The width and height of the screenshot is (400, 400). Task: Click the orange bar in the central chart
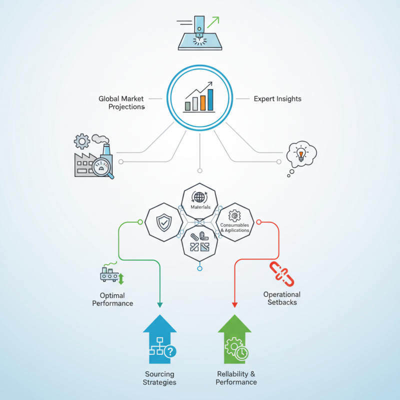tap(203, 103)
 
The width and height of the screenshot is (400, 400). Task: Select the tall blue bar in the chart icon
tap(210, 99)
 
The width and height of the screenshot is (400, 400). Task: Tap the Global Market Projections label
tap(121, 102)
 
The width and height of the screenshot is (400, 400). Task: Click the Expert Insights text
tap(277, 98)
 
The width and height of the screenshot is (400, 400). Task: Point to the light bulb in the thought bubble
tap(301, 154)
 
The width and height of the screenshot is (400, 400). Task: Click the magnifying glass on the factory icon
tap(103, 168)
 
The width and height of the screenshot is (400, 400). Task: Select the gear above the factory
tap(82, 141)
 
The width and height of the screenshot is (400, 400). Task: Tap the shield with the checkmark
tap(164, 222)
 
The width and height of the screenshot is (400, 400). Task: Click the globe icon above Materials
tap(199, 197)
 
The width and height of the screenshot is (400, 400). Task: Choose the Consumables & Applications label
tap(234, 227)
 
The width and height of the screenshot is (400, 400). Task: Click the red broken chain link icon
tap(281, 273)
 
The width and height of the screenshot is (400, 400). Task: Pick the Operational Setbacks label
tap(282, 298)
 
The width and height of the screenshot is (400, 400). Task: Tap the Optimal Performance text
tap(112, 299)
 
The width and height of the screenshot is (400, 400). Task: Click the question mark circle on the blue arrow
tap(170, 351)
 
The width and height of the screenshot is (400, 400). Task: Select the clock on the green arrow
tap(241, 353)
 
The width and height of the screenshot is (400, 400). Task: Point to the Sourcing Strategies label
tap(159, 378)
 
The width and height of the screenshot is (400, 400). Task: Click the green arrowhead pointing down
tap(160, 305)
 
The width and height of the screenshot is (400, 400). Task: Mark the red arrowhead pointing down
tap(234, 305)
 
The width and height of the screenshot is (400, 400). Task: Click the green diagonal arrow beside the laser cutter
tap(213, 22)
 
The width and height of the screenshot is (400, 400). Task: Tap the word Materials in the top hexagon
tap(200, 207)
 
